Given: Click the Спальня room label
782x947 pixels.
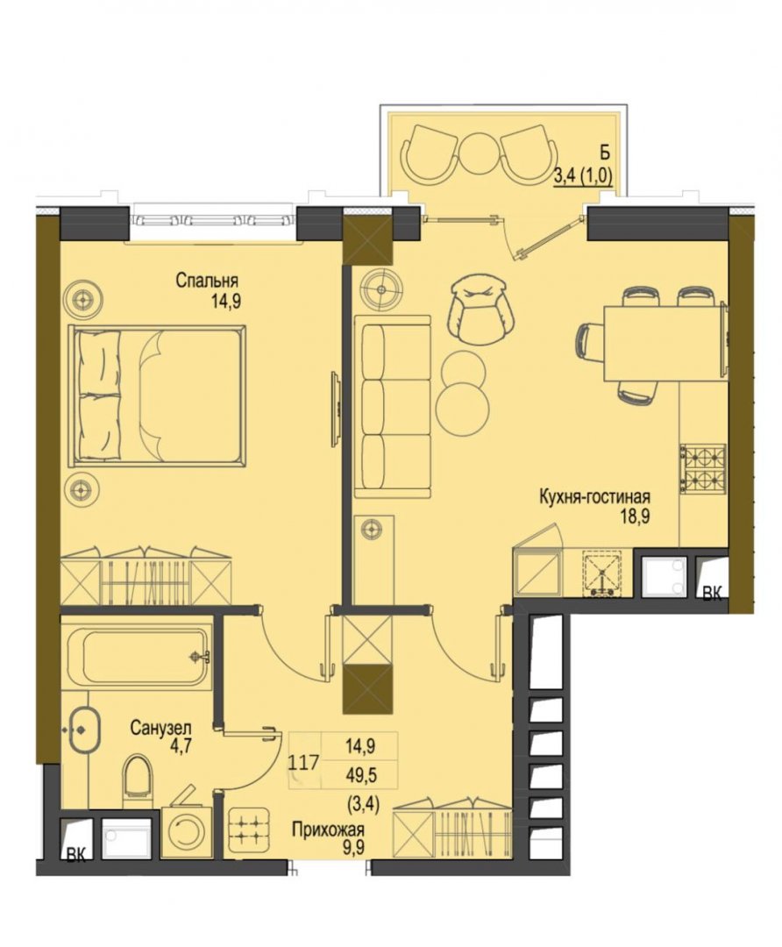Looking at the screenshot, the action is pyautogui.click(x=207, y=281).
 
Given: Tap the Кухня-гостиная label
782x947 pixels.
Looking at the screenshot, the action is pyautogui.click(x=594, y=497).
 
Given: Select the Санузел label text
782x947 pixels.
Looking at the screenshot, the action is pyautogui.click(x=160, y=728).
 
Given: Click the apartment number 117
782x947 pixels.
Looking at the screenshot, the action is pyautogui.click(x=303, y=763).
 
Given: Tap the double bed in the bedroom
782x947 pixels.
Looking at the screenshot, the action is pyautogui.click(x=157, y=395).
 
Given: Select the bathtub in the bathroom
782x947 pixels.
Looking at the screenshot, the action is pyautogui.click(x=139, y=658).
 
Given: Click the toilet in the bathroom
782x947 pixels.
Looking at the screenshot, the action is pyautogui.click(x=139, y=780).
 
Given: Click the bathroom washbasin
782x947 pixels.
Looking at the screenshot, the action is pyautogui.click(x=82, y=730).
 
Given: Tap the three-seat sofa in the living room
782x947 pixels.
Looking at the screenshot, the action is pyautogui.click(x=393, y=407).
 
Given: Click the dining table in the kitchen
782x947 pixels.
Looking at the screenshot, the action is pyautogui.click(x=664, y=343).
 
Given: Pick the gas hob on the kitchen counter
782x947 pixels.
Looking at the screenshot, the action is pyautogui.click(x=703, y=468).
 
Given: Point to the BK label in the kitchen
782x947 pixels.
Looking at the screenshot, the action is pyautogui.click(x=712, y=594).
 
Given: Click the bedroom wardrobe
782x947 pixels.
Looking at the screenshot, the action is pyautogui.click(x=146, y=576).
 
